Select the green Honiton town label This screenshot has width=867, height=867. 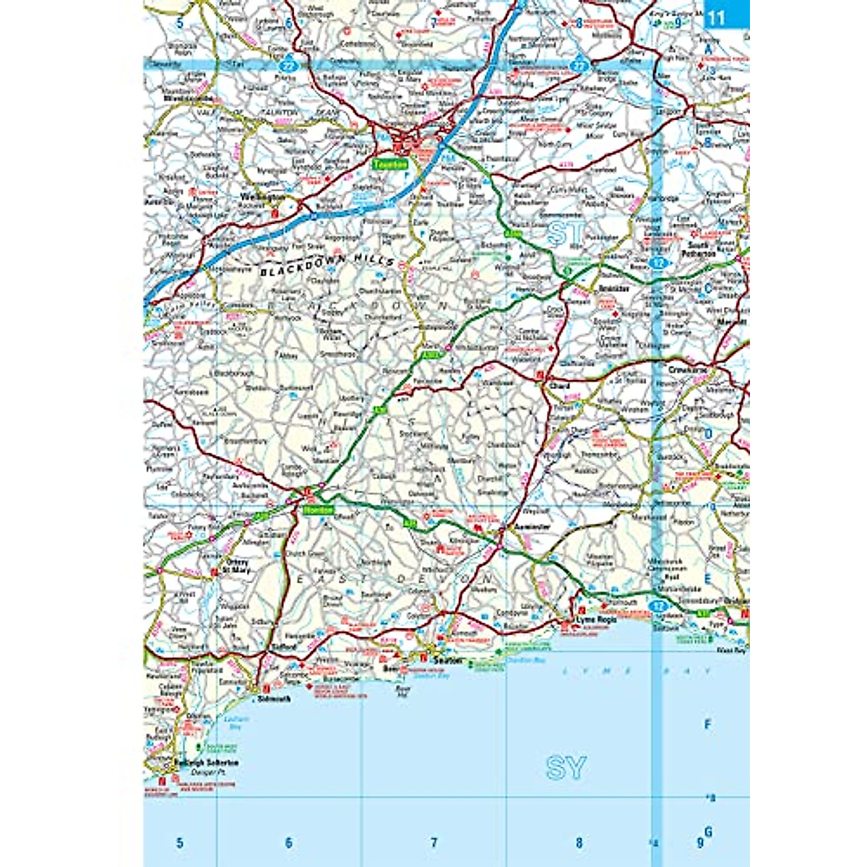point(319,509)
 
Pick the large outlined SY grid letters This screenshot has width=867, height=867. point(565,769)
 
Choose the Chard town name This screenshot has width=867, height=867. point(560,387)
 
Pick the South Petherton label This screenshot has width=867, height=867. point(700,250)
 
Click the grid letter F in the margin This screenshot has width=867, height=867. point(707,723)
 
